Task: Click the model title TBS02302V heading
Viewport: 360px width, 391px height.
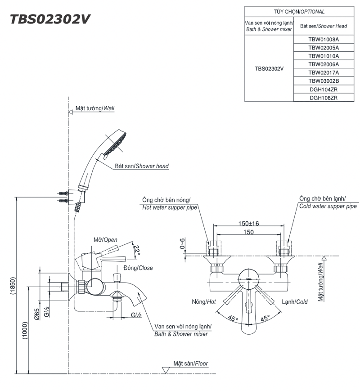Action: coord(50,19)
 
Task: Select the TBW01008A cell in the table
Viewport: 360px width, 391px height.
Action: coord(324,39)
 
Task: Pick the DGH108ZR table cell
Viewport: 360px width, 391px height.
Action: coord(324,97)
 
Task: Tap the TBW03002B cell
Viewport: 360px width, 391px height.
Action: coord(324,81)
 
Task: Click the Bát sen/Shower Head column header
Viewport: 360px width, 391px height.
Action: coord(324,26)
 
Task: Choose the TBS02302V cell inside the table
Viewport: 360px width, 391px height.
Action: coord(269,68)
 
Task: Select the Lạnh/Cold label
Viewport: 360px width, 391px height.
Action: coord(295,302)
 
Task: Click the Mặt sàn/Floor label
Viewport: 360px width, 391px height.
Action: coord(191,363)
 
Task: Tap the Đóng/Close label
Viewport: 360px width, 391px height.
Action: coord(139,268)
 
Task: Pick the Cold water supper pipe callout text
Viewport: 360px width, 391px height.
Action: coord(328,206)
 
